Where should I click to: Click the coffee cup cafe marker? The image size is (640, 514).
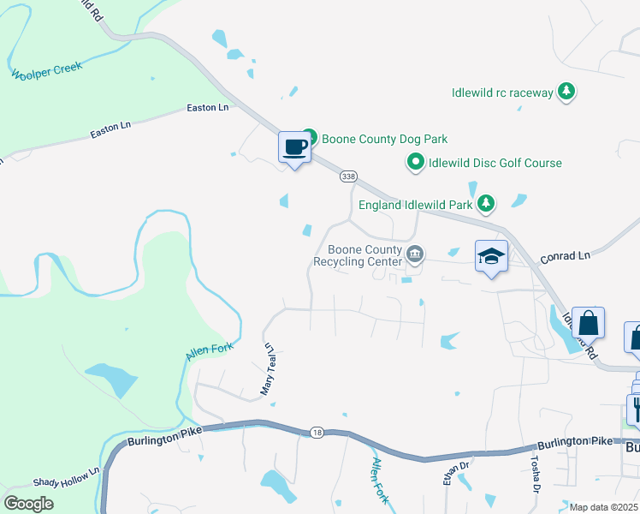294,147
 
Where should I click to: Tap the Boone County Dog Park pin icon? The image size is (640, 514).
310,137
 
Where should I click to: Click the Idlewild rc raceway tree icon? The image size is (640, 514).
566,91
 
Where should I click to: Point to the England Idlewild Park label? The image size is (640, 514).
415,206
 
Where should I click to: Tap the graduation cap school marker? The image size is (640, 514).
492,257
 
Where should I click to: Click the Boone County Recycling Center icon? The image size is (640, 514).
415,253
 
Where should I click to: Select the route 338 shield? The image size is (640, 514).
347,176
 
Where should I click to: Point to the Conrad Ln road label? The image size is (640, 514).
565,255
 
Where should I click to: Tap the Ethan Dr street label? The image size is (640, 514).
445,474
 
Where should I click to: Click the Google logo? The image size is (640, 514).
28,503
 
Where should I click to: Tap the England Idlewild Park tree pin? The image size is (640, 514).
486,203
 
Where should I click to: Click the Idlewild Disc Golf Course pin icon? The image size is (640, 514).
416,161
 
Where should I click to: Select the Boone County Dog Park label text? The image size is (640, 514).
384,139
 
